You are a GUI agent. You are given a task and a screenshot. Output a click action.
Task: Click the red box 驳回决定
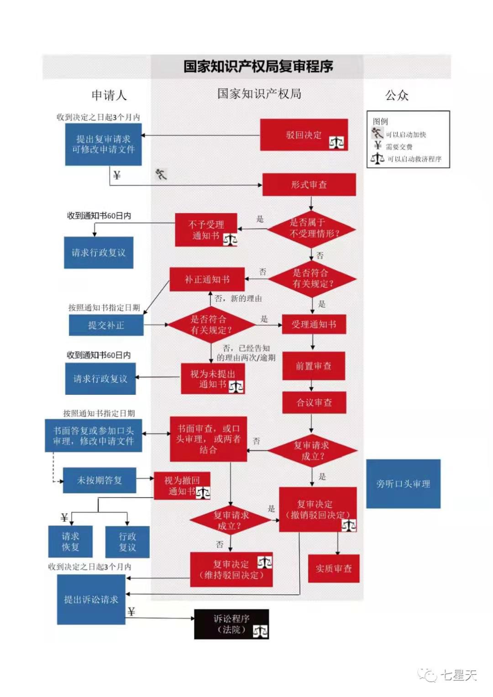click(x=304, y=135)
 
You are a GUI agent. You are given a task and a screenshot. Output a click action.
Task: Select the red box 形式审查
click(x=309, y=184)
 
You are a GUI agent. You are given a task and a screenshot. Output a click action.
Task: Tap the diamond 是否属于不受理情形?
click(x=312, y=228)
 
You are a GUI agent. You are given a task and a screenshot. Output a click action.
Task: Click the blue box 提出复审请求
click(x=103, y=144)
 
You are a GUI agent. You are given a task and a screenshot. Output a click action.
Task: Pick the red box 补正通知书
click(x=207, y=279)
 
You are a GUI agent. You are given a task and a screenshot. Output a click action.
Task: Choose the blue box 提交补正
click(x=106, y=325)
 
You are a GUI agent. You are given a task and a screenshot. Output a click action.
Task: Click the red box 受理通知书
click(x=314, y=325)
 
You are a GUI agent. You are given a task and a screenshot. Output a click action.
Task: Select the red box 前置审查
click(x=313, y=366)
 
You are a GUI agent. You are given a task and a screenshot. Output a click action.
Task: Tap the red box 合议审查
click(x=314, y=403)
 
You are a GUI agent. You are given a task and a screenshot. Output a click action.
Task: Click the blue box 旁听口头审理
click(x=403, y=484)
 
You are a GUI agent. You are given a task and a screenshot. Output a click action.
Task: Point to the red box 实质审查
click(x=334, y=568)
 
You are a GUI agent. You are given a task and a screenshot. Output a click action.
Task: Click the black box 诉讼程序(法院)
click(x=231, y=624)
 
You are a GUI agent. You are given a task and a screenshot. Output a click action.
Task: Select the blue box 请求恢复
click(x=70, y=541)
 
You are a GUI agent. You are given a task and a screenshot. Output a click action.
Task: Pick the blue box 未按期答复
click(x=99, y=480)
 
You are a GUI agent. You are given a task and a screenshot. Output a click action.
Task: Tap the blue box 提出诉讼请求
click(x=91, y=599)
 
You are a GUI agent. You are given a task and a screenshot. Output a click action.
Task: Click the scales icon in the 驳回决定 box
click(x=336, y=142)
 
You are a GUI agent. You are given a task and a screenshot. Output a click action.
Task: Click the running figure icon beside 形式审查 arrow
click(x=161, y=174)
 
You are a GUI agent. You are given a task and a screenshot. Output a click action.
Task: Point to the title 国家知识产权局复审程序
click(x=258, y=67)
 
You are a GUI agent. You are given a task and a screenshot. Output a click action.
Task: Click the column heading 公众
click(x=396, y=95)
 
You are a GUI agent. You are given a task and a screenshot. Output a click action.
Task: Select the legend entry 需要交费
click(x=399, y=147)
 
